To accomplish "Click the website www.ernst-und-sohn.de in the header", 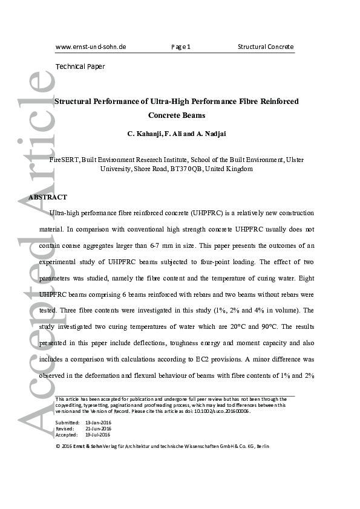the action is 91,47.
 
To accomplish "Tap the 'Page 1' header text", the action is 181,47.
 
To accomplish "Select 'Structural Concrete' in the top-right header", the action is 265,47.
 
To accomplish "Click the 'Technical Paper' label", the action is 80,66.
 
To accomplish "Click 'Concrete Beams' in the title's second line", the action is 177,115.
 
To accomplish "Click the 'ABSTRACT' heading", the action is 48,198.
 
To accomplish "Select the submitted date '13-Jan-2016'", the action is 98,423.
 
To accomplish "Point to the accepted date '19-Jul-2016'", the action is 98,434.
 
